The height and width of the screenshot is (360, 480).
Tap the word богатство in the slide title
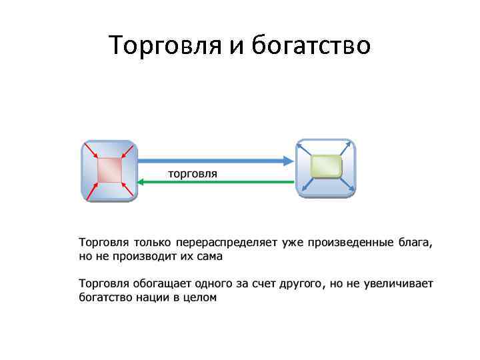click(311, 46)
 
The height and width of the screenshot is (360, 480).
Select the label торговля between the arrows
click(192, 173)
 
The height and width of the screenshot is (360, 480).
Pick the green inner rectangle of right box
click(326, 166)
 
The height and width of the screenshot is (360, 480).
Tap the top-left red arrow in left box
click(90, 151)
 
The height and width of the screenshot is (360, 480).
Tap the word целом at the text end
click(201, 297)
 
